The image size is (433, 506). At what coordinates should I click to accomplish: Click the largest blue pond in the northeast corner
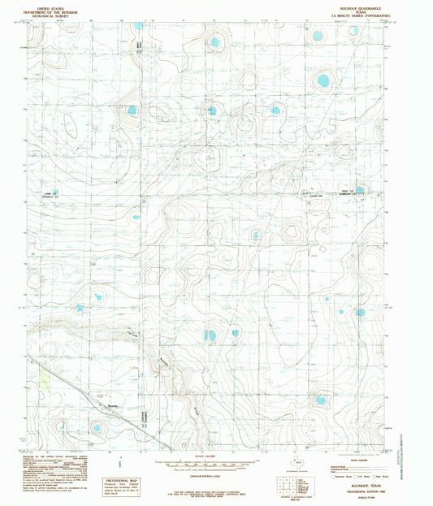323,80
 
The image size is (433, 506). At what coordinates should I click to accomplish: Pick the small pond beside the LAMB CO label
55,193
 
